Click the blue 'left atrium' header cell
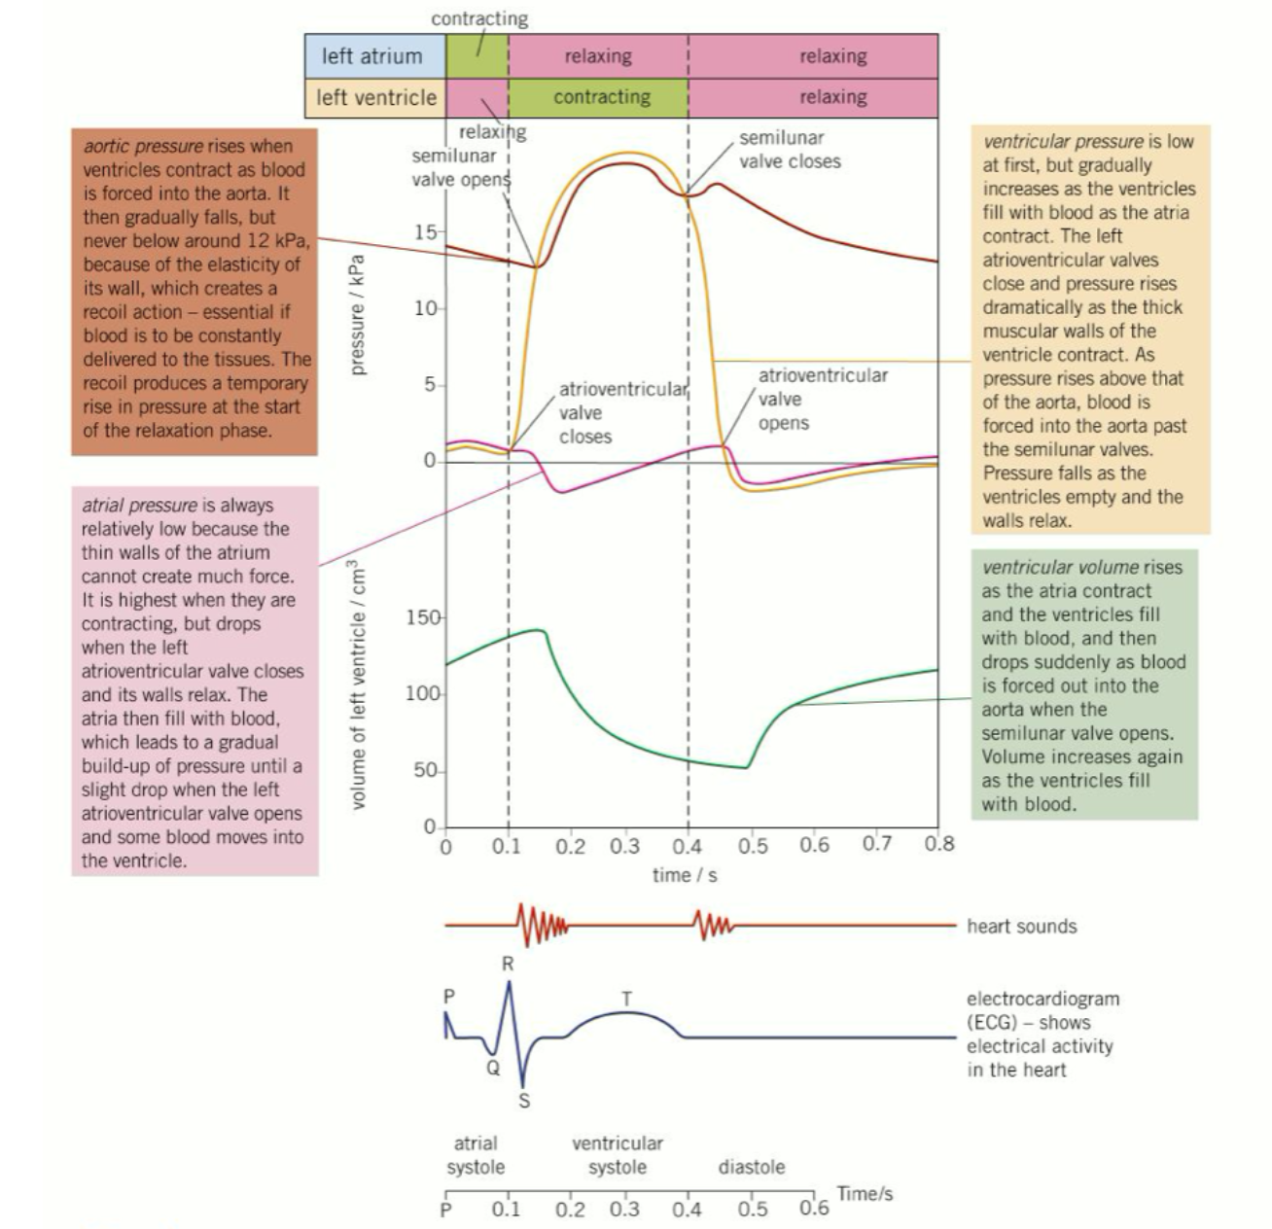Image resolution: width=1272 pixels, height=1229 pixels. pos(374,56)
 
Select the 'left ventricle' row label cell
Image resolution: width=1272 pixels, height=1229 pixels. pos(374,97)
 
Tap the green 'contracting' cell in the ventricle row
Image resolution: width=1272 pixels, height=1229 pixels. pos(601,97)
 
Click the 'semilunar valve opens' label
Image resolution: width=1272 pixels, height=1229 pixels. pos(460,167)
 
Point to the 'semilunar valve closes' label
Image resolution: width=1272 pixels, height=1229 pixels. pos(789,150)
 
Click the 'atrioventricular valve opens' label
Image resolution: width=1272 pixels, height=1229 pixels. pos(822,399)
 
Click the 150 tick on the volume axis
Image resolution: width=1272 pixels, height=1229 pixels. pos(424,617)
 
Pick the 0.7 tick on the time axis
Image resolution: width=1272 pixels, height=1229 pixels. pos(876,844)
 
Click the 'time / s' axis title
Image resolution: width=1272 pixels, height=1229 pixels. pos(685,875)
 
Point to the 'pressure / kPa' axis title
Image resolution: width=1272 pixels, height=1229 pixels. pos(357,314)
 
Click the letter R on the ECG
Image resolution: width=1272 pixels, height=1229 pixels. pos(508,965)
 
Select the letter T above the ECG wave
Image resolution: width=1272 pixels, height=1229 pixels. pos(627,999)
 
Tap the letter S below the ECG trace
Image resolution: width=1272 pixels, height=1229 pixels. pos(524,1102)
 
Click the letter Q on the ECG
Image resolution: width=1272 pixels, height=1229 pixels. pos(493,1067)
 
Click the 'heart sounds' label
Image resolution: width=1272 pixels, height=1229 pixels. pos(1021,926)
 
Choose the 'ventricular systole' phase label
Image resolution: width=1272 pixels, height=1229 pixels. pos(618,1155)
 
